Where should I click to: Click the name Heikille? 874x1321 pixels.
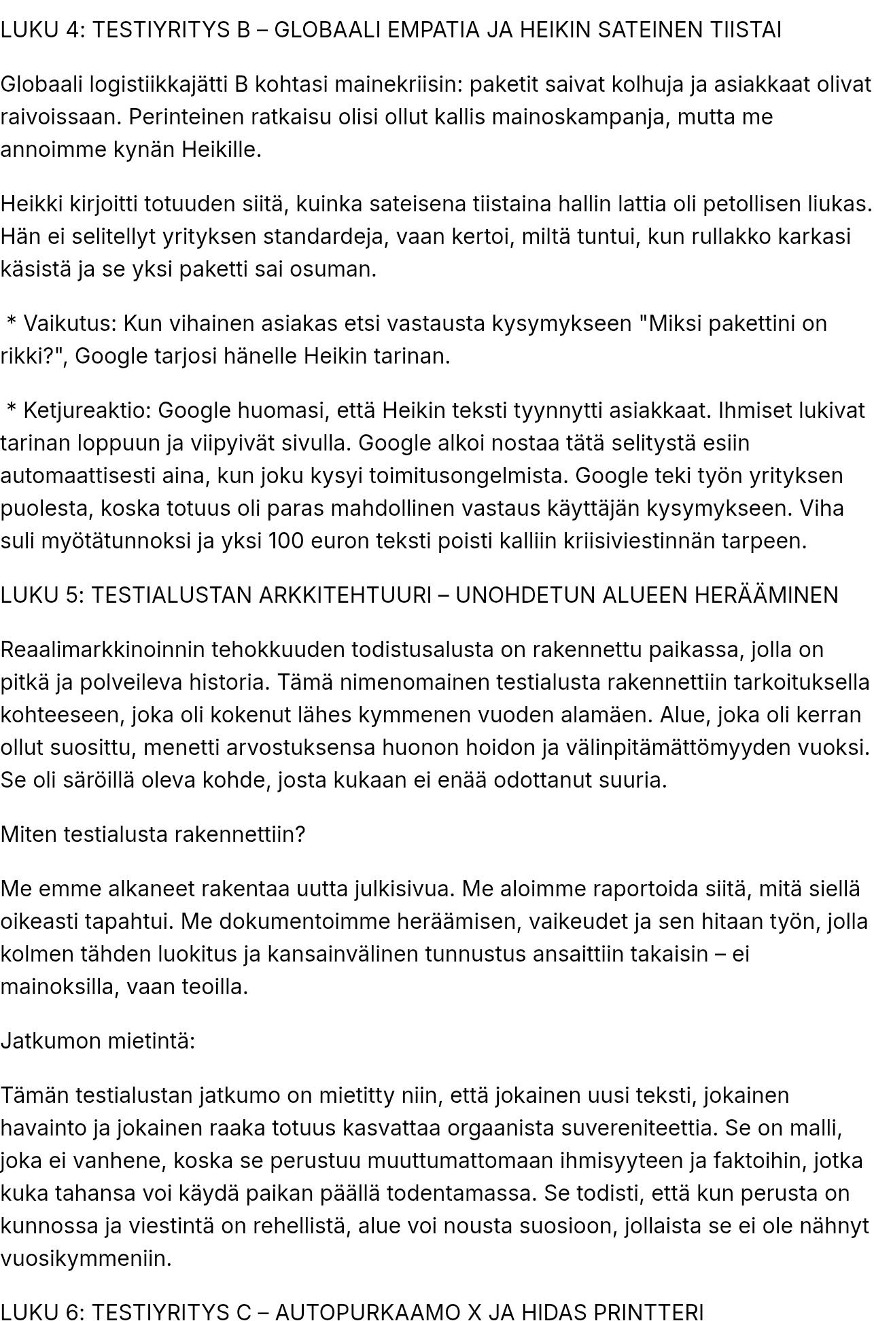coord(221,149)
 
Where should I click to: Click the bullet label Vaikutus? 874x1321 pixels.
coord(71,323)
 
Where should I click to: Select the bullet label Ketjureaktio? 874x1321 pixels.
coord(88,410)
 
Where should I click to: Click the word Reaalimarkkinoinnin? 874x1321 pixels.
coord(102,650)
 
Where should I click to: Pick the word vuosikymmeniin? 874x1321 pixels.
coord(86,1258)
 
